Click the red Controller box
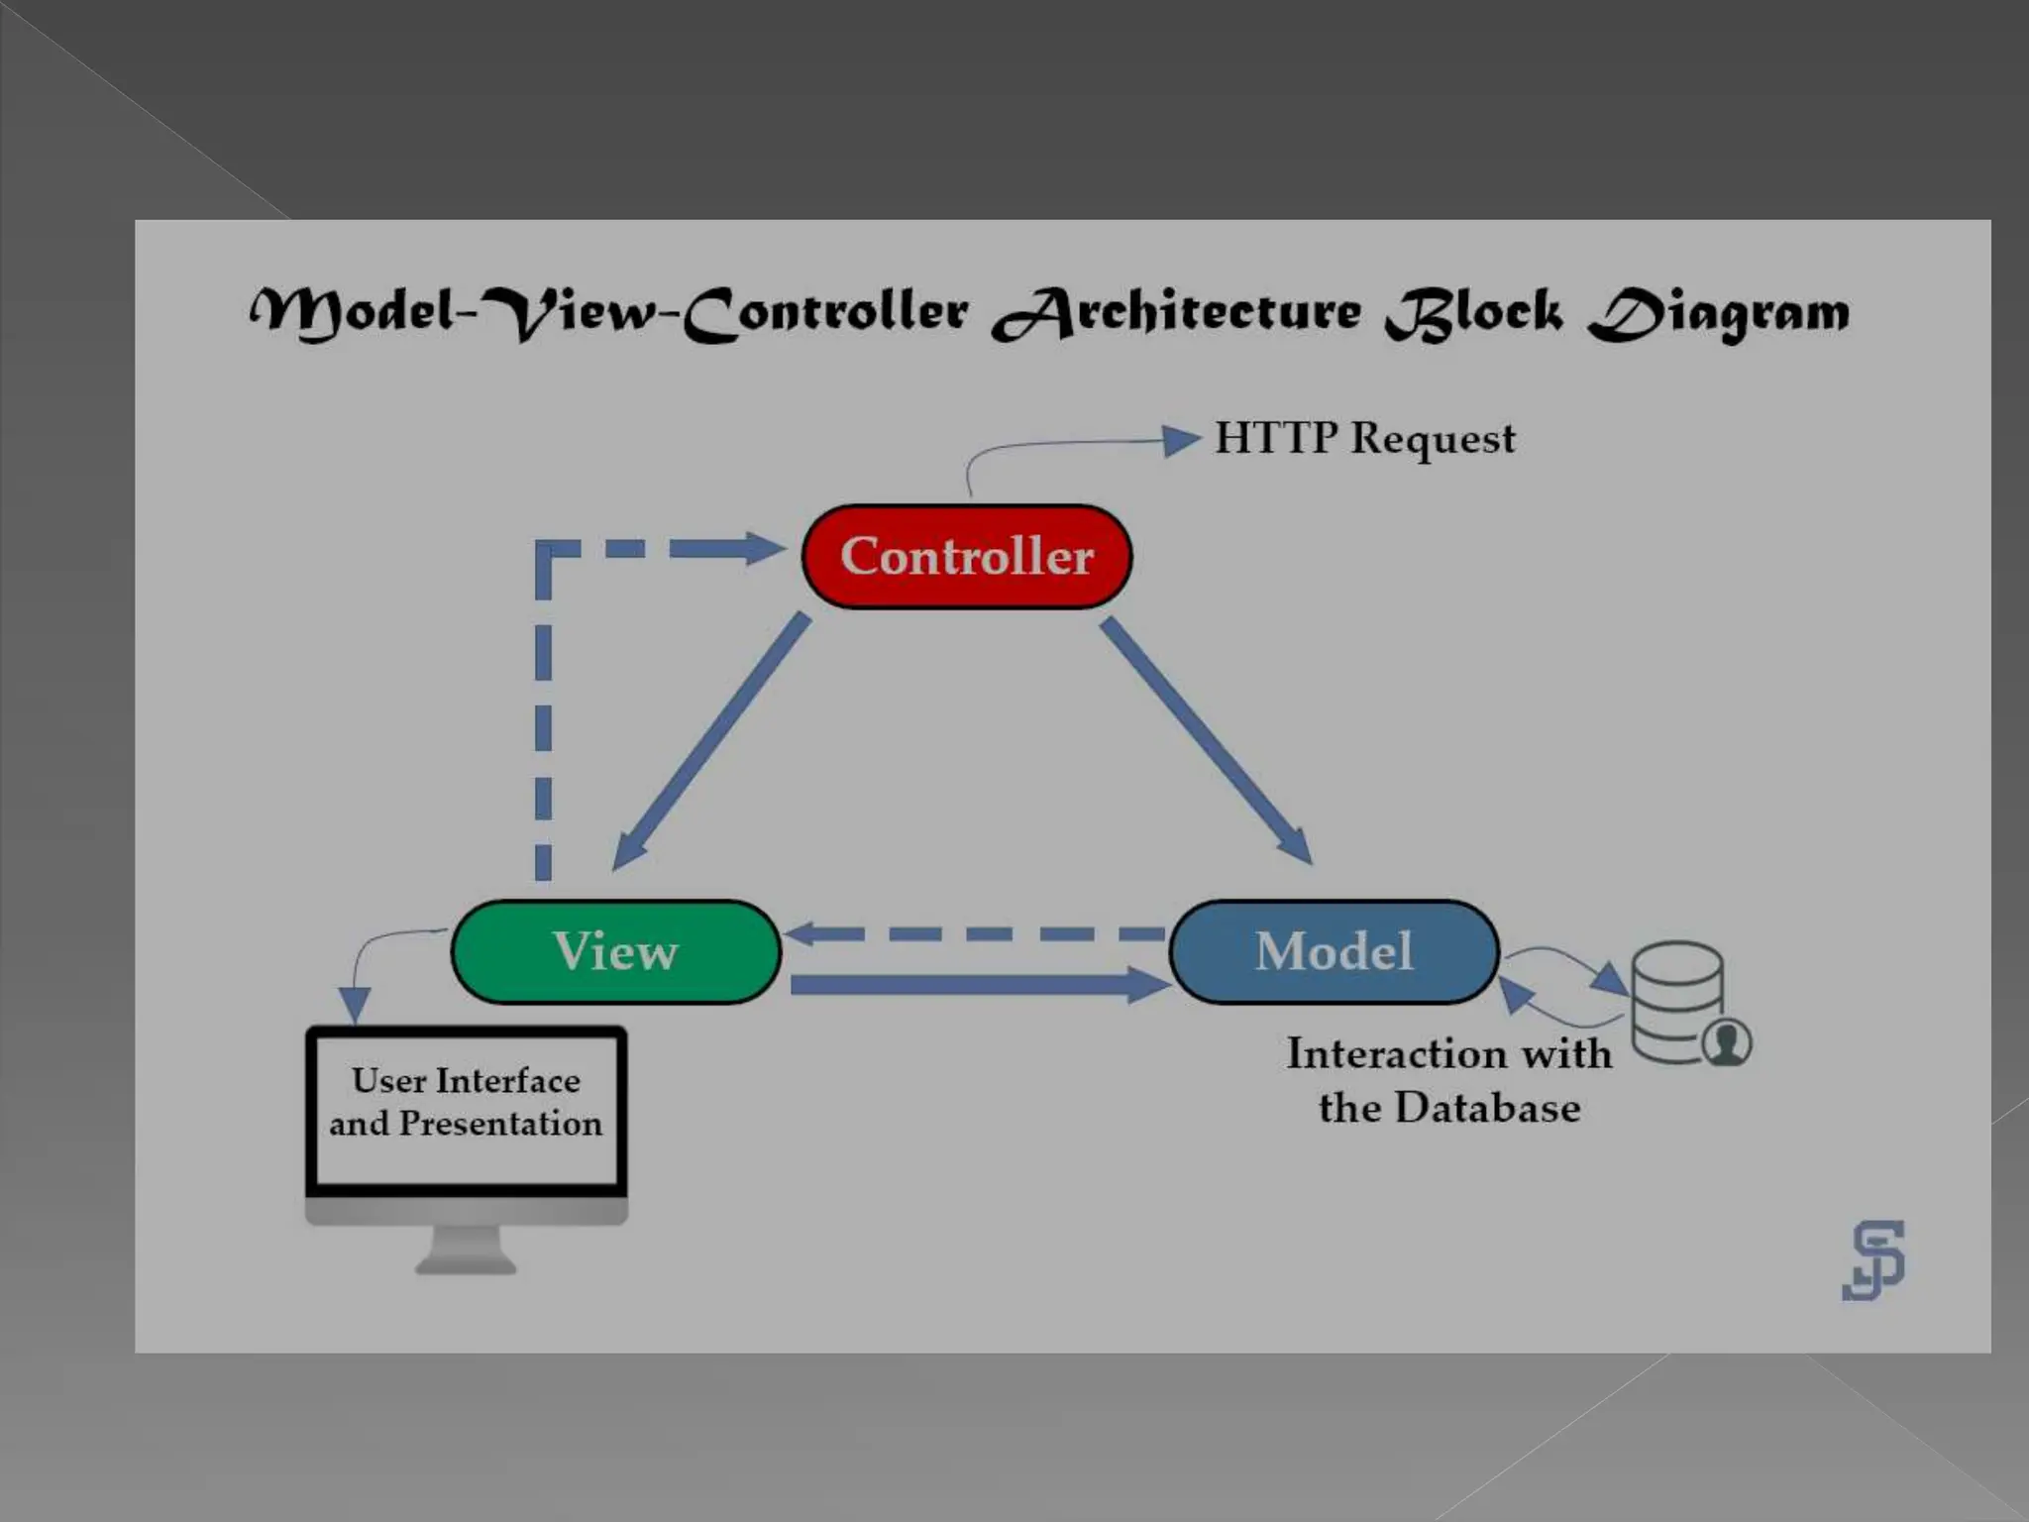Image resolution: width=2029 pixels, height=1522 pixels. pos(966,557)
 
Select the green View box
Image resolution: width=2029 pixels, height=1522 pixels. pos(616,951)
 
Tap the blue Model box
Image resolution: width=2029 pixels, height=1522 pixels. pos(1334,951)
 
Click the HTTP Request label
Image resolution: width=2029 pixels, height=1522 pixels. pos(1364,438)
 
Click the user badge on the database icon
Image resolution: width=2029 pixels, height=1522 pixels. pos(1727,1042)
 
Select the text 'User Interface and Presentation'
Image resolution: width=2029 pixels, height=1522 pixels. pos(466,1102)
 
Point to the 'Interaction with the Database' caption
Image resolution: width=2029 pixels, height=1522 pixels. pos(1448,1080)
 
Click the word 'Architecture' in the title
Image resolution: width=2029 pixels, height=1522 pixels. pos(1177,313)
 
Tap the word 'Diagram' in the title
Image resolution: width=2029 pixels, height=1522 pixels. pos(1719,313)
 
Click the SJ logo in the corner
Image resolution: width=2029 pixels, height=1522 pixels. pos(1873,1259)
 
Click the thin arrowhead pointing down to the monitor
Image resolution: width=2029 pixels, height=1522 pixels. pos(354,1004)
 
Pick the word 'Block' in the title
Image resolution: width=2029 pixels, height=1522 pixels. pos(1474,313)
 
